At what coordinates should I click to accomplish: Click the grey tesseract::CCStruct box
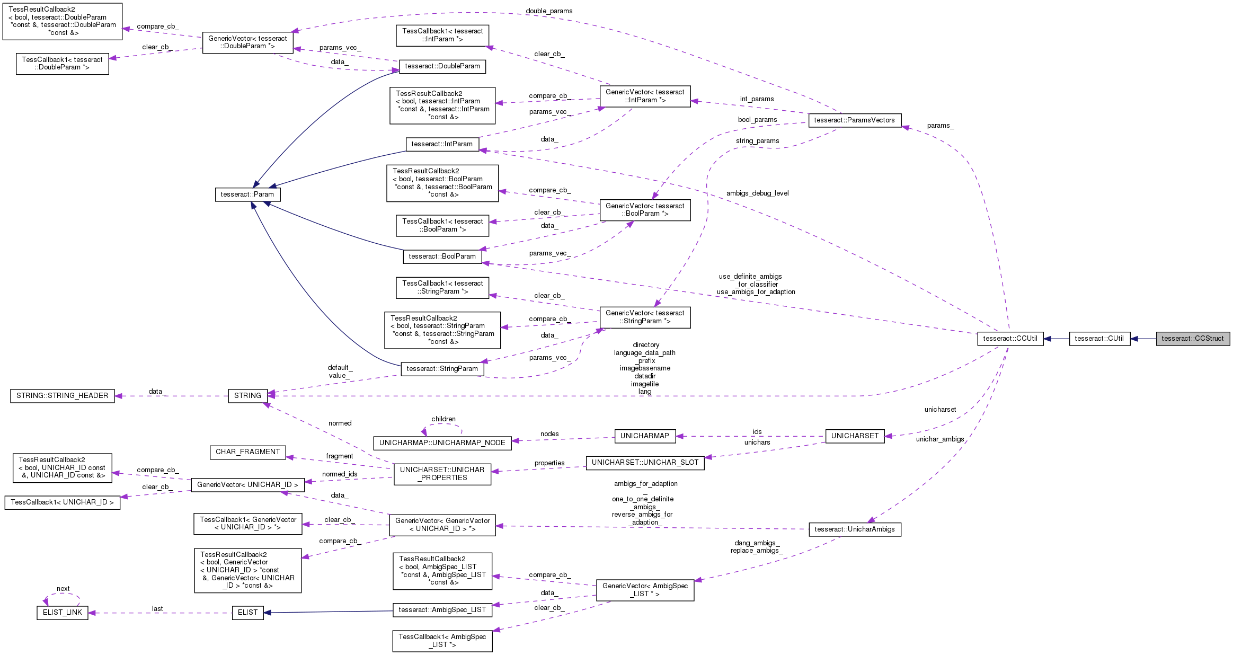[x=1192, y=339]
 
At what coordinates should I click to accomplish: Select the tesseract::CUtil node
[x=1099, y=339]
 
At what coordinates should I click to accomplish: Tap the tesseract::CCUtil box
[x=1010, y=339]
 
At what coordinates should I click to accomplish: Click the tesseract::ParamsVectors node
[x=854, y=120]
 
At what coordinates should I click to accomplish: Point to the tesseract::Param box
[x=247, y=194]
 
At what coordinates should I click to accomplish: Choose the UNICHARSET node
[x=855, y=436]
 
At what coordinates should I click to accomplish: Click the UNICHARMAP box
[x=644, y=436]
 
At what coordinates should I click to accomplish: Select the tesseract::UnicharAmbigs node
[x=854, y=529]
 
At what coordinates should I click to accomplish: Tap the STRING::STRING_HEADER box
[x=62, y=396]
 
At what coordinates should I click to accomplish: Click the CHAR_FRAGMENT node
[x=247, y=452]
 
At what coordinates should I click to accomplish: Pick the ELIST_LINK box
[x=62, y=613]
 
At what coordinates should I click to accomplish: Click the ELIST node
[x=247, y=613]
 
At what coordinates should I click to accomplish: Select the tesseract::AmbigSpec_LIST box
[x=442, y=610]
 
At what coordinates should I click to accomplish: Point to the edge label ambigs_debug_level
[x=757, y=193]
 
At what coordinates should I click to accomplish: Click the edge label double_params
[x=549, y=11]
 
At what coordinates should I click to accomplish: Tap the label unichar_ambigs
[x=939, y=439]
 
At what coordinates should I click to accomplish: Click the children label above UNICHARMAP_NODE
[x=443, y=419]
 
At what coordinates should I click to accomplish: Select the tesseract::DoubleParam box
[x=442, y=66]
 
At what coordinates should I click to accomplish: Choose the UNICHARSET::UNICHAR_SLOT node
[x=644, y=463]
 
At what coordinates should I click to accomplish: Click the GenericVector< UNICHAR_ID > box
[x=247, y=485]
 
